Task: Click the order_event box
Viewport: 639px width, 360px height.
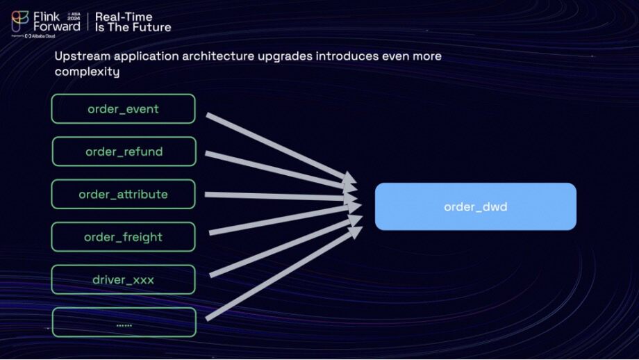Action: (123, 109)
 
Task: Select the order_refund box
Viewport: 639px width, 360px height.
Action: (124, 152)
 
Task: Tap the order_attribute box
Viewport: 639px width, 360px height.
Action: (123, 194)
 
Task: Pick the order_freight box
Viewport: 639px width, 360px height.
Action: (123, 237)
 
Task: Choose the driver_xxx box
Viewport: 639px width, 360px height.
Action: (123, 280)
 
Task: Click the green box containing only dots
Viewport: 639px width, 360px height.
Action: (124, 323)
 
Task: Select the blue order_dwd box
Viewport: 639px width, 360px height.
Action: (476, 206)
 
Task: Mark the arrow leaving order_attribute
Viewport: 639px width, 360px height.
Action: (278, 197)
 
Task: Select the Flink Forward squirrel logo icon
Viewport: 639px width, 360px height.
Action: (20, 21)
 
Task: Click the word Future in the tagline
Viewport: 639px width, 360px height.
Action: (153, 27)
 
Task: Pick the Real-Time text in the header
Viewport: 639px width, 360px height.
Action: (124, 16)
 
